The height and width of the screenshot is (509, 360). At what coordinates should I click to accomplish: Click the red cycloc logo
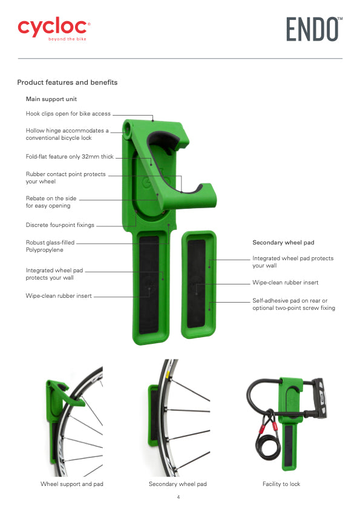point(54,28)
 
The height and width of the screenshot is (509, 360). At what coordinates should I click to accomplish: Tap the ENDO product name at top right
point(314,29)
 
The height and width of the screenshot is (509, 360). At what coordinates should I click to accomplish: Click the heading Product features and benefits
point(67,82)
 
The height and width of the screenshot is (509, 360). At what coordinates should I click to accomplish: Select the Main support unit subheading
point(51,99)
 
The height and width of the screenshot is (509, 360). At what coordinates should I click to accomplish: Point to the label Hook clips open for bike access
point(68,114)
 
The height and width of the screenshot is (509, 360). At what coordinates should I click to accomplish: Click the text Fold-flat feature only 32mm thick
point(70,157)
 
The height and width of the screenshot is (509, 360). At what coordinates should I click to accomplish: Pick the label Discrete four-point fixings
point(60,225)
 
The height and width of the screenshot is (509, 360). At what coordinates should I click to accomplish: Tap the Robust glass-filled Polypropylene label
point(50,246)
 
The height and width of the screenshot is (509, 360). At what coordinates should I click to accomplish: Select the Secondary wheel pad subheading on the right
point(283,243)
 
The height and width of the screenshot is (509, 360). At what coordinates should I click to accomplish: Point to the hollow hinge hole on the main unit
point(127,129)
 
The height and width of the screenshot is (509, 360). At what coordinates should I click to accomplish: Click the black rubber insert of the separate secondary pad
point(197,283)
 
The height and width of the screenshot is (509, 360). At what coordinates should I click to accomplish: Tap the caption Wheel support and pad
point(72,484)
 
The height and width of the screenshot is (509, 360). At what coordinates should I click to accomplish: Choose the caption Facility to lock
point(281,484)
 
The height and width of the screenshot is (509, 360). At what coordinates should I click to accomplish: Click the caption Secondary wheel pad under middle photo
point(177,484)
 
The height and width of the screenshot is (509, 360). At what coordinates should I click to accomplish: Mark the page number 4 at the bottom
point(178,497)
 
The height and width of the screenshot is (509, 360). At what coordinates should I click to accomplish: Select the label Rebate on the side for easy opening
point(51,202)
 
